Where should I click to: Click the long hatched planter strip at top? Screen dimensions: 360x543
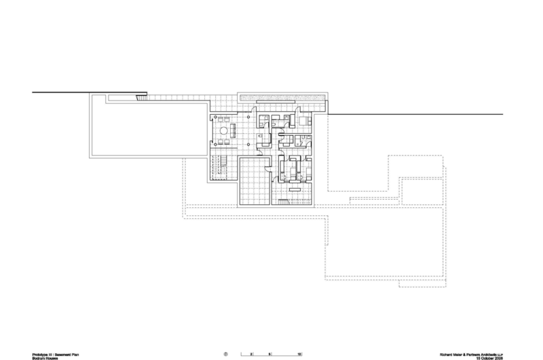[x=282, y=98]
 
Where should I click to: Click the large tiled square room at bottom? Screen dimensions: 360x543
[x=253, y=180]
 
